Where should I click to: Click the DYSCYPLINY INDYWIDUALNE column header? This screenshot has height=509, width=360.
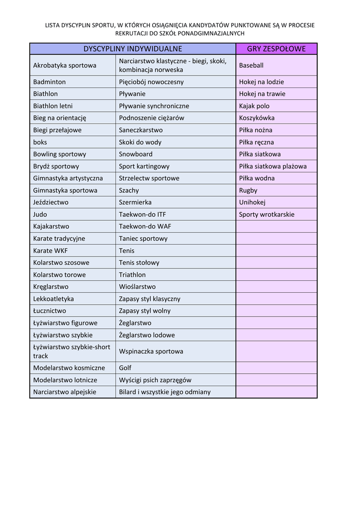click(132, 49)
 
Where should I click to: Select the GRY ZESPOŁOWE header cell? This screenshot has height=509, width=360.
click(276, 49)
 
